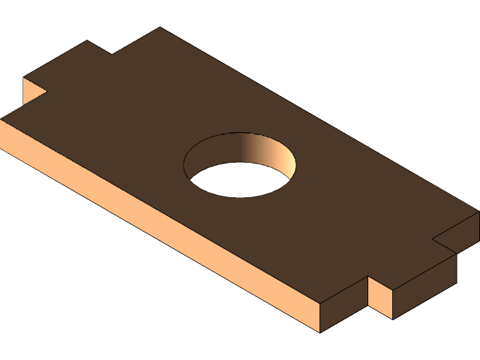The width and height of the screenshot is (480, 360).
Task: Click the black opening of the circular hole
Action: [x=232, y=180]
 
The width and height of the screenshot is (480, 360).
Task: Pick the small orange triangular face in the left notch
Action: [x=31, y=91]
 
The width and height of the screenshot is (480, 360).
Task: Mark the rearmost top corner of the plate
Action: [x=160, y=28]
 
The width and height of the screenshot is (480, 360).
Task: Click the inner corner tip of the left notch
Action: [x=46, y=91]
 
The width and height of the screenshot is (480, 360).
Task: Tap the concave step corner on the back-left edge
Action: [x=112, y=54]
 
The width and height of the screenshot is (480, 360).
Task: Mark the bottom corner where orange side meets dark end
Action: [x=320, y=332]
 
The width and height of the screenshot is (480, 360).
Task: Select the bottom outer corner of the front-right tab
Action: [x=393, y=319]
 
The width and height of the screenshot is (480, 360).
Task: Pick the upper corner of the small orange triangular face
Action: [x=24, y=77]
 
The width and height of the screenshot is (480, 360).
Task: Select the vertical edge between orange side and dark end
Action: [x=320, y=318]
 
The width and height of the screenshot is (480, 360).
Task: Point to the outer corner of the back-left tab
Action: [x=87, y=40]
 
